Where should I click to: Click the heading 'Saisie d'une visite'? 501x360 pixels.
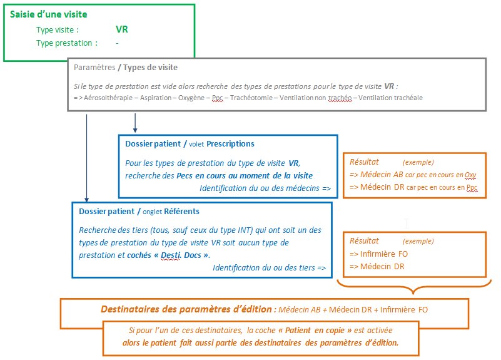(x=49, y=14)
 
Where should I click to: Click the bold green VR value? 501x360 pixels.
(x=122, y=29)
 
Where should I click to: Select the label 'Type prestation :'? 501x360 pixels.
(x=67, y=43)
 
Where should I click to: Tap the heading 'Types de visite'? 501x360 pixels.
(x=150, y=68)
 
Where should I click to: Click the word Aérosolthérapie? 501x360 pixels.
(x=108, y=98)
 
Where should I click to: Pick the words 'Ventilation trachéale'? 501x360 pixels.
(x=390, y=98)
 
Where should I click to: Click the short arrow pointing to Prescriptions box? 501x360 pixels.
(x=135, y=123)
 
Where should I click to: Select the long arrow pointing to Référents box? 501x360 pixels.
(x=86, y=158)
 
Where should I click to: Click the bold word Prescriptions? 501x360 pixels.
(x=230, y=144)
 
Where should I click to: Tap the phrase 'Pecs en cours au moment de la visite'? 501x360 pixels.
(x=245, y=176)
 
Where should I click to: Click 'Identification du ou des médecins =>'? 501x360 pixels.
(x=265, y=188)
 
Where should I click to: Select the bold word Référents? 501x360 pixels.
(x=181, y=212)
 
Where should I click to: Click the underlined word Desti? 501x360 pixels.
(x=171, y=255)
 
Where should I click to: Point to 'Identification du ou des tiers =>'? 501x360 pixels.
(x=270, y=267)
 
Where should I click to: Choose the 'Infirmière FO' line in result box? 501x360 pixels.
(x=378, y=254)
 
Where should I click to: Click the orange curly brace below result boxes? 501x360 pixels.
(x=414, y=287)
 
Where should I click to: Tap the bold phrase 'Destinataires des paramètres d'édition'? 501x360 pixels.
(x=186, y=309)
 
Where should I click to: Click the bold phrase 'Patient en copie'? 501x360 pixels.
(x=315, y=331)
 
